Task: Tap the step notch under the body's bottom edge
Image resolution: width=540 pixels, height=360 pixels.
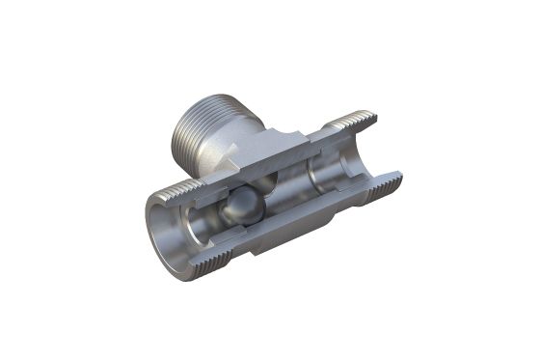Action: [x=256, y=248]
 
